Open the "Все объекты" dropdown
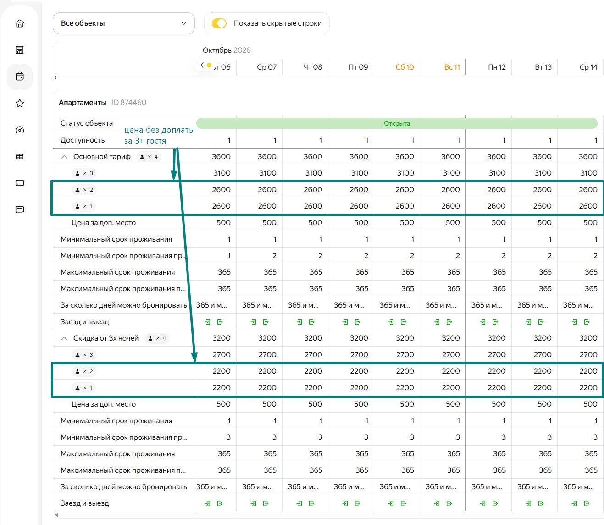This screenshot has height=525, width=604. pyautogui.click(x=123, y=23)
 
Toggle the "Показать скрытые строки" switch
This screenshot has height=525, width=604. pyautogui.click(x=219, y=23)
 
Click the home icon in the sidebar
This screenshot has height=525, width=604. pyautogui.click(x=20, y=23)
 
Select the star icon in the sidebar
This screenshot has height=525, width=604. pyautogui.click(x=20, y=103)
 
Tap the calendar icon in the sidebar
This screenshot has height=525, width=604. pyautogui.click(x=20, y=77)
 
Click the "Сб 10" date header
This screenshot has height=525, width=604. pyautogui.click(x=405, y=67)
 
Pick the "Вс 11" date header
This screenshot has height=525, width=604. pyautogui.click(x=452, y=67)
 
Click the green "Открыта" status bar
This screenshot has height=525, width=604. pyautogui.click(x=397, y=123)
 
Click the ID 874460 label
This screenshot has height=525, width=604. pyautogui.click(x=129, y=102)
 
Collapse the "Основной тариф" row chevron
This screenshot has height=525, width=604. pyautogui.click(x=64, y=157)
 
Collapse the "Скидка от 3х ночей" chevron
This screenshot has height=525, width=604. pyautogui.click(x=64, y=338)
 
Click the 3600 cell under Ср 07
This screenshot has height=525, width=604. pyautogui.click(x=267, y=157)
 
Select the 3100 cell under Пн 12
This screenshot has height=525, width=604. pyautogui.click(x=497, y=173)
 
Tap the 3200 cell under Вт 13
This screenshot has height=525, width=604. pyautogui.click(x=543, y=338)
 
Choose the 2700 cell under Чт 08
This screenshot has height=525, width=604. pyautogui.click(x=313, y=355)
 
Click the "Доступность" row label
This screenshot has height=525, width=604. pyautogui.click(x=83, y=140)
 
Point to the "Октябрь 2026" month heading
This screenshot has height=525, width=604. pyautogui.click(x=227, y=50)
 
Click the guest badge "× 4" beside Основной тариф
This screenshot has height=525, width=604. pyautogui.click(x=149, y=157)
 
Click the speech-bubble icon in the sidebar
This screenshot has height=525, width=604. pyautogui.click(x=20, y=210)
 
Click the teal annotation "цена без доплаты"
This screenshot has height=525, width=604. pyautogui.click(x=160, y=130)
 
